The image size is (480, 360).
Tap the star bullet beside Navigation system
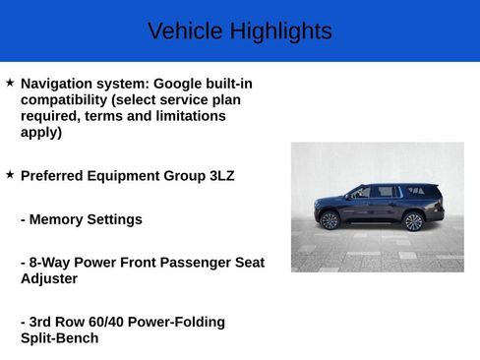click(x=10, y=85)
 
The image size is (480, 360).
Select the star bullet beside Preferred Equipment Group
click(x=10, y=174)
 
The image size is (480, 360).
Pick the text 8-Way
click(x=52, y=263)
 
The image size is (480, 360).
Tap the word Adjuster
click(x=49, y=278)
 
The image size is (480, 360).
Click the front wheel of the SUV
click(x=330, y=221)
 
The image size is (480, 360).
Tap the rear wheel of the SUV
click(x=414, y=221)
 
